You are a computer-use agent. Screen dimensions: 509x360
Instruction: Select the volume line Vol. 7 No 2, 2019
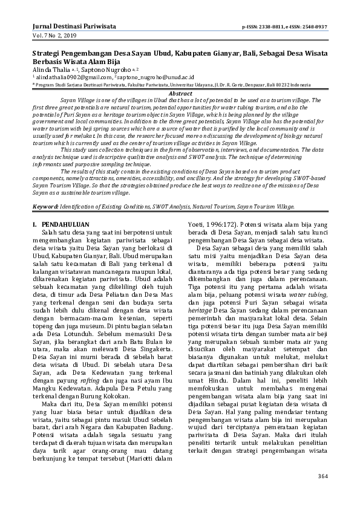[x=55, y=37]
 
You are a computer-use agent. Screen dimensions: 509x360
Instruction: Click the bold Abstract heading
[x=180, y=94]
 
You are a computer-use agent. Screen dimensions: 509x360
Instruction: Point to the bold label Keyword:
[x=45, y=206]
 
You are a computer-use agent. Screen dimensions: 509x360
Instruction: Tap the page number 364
[x=322, y=476]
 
